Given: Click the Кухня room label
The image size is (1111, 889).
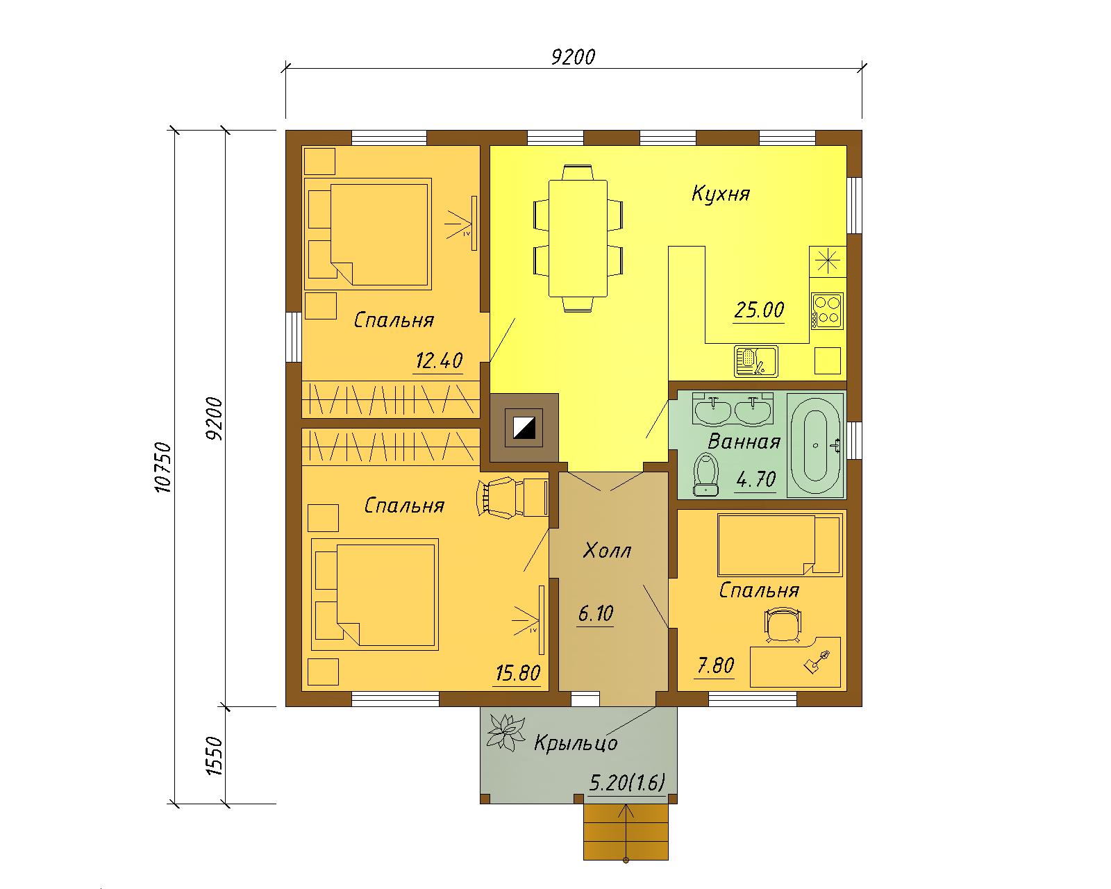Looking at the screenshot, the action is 720,194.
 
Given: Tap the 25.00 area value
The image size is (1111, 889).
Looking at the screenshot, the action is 759,310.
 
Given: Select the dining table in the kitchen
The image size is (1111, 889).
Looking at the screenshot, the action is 578,238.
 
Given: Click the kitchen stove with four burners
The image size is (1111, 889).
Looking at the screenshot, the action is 828,310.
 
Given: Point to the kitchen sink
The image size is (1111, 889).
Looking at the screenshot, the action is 755,361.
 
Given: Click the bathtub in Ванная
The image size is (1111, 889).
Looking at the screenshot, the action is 816,445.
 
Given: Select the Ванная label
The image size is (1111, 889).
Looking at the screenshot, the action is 744,442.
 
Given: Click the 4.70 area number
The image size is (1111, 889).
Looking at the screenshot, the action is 755,480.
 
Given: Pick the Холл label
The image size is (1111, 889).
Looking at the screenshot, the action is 607,551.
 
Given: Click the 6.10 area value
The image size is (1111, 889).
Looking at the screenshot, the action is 595,614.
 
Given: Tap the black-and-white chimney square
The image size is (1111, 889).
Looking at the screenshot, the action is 524,428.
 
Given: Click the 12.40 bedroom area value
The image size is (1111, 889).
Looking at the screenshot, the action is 439,360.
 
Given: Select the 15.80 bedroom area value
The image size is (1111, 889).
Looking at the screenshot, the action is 518,673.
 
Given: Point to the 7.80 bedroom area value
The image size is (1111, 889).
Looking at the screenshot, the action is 715,665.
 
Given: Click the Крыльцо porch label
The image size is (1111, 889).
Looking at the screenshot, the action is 576,743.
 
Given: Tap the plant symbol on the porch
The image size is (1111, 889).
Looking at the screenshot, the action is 506,732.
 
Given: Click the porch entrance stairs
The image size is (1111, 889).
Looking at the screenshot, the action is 626,832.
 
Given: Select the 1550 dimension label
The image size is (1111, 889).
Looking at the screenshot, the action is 214,755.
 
